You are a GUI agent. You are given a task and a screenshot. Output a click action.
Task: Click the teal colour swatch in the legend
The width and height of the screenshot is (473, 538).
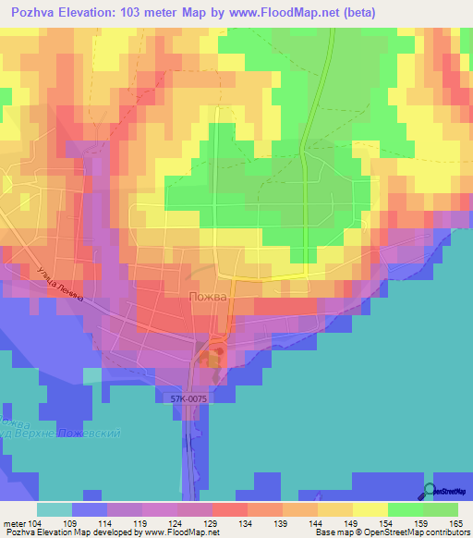click(x=55, y=509)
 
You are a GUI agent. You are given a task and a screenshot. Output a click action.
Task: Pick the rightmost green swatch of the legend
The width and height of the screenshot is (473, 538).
click(x=441, y=509)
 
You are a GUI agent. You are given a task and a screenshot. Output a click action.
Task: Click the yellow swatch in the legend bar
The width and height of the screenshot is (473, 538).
click(x=370, y=509)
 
